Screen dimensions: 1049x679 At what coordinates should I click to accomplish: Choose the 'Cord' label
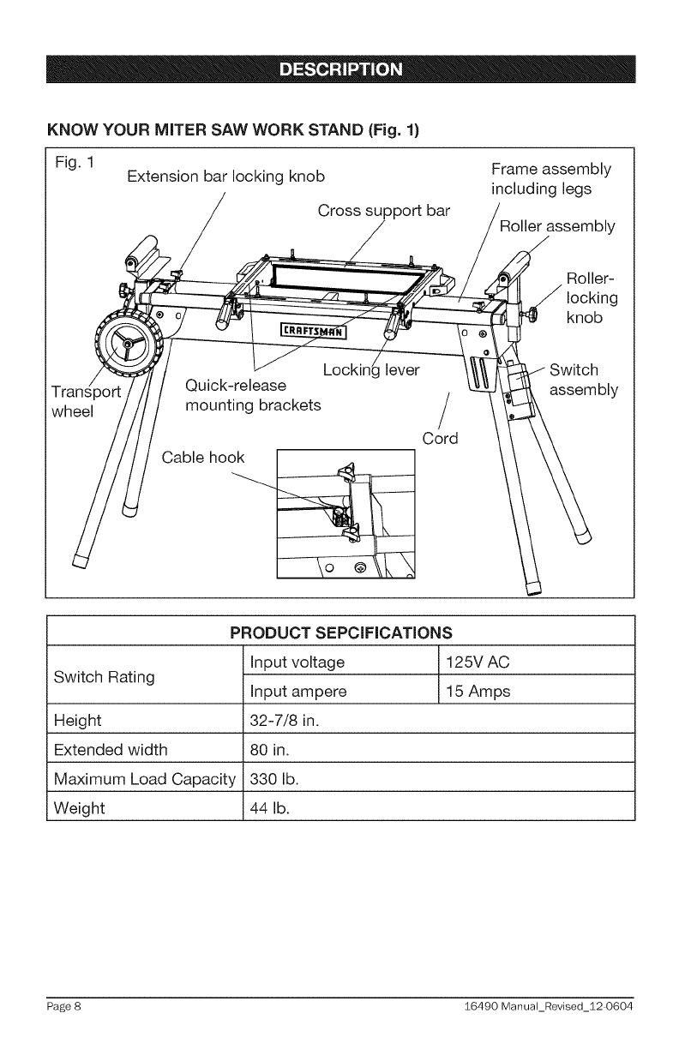tap(441, 438)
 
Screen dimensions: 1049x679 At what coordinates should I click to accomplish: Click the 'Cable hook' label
tap(203, 457)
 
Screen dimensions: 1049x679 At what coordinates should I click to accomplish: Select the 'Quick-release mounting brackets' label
tap(253, 393)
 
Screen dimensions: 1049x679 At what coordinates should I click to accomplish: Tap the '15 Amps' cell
tap(478, 692)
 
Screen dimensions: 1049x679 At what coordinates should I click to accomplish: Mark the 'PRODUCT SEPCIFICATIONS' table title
tap(339, 634)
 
